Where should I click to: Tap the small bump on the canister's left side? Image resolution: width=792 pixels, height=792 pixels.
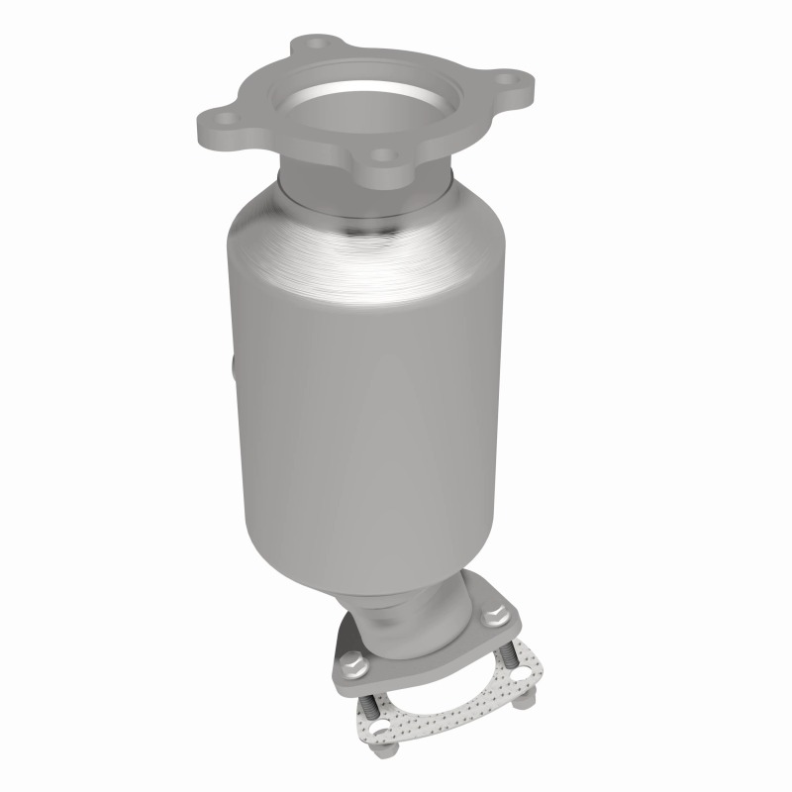click(235, 372)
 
